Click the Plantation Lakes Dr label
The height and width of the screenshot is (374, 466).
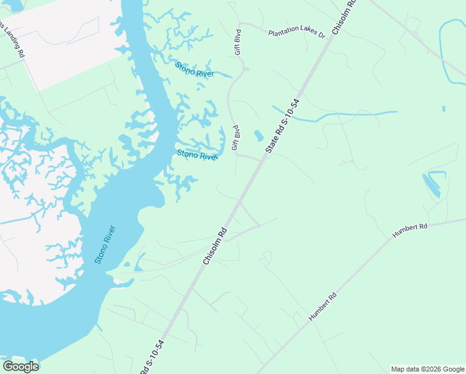tap(297, 33)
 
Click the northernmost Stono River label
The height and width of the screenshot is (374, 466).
tap(194, 69)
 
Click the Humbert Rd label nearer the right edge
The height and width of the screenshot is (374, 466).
tap(410, 230)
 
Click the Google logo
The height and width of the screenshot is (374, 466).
tap(21, 367)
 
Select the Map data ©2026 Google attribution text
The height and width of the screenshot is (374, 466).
tap(427, 369)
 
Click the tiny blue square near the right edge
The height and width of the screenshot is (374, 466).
tap(443, 109)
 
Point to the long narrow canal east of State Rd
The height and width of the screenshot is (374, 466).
tap(336, 115)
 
